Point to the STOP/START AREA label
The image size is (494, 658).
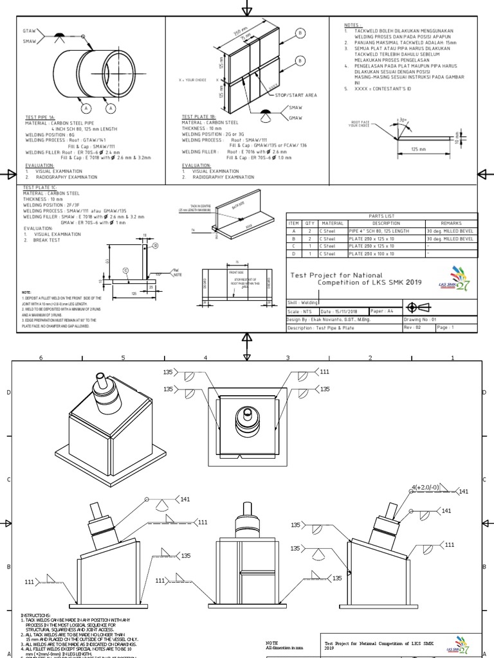(x=296, y=95)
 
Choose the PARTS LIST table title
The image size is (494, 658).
(x=382, y=216)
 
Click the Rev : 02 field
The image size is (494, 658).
(x=412, y=327)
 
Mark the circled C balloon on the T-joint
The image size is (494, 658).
(x=126, y=271)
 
